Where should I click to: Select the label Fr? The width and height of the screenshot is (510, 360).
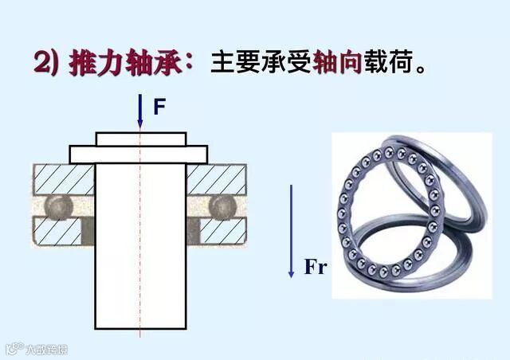[x=316, y=267]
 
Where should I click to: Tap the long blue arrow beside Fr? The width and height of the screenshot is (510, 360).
[x=291, y=231]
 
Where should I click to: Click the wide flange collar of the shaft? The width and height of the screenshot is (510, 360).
[x=139, y=153]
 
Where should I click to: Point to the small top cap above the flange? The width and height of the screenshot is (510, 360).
[x=140, y=139]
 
